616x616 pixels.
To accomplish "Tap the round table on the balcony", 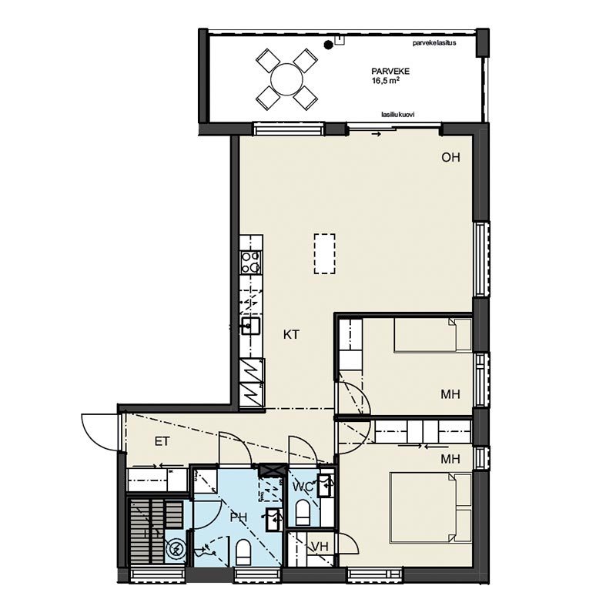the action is point(286,79).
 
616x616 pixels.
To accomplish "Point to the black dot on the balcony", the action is point(328,45).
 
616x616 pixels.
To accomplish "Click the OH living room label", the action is point(450,158).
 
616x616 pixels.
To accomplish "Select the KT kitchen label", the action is point(291,335).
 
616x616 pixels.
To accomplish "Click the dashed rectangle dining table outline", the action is point(324,254).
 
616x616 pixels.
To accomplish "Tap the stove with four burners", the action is point(251,262).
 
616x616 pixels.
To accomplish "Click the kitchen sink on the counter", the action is point(250,326).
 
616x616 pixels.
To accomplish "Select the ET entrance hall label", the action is point(162,441).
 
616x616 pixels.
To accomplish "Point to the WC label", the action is point(303,487).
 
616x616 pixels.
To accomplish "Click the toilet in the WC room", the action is point(302,513).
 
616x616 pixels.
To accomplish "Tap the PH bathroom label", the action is point(239,517).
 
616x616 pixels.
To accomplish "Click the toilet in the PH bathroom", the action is point(243,552).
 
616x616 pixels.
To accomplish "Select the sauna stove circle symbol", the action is point(176,549).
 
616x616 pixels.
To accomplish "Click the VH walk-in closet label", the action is point(320,547).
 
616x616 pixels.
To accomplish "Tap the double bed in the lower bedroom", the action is point(430,507).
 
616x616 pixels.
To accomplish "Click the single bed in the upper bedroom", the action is point(433,334).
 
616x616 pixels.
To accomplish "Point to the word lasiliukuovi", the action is point(397,115).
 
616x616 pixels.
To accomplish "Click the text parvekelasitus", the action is point(434,43).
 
